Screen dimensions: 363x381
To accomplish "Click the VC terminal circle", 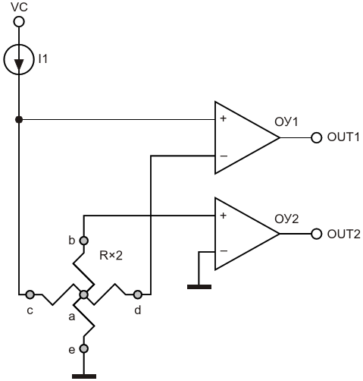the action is (x=19, y=22).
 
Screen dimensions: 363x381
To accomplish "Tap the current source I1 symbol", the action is (x=19, y=59).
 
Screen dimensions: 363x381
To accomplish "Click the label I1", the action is (x=43, y=59).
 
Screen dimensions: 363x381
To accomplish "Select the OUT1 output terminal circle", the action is (x=316, y=138).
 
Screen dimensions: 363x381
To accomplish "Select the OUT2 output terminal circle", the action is (x=316, y=234).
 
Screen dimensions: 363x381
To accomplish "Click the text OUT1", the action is (x=343, y=137).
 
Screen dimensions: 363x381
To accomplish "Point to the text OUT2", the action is (x=343, y=235).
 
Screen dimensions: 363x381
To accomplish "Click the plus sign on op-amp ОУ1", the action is (x=223, y=118).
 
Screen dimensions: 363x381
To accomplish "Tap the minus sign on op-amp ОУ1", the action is (x=224, y=156).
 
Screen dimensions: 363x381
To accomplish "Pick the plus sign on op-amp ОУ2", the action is (x=223, y=216).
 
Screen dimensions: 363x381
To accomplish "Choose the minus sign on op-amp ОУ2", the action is (x=224, y=251).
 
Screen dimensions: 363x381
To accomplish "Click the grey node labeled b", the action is (x=84, y=241).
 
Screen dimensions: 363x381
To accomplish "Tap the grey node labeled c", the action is (x=30, y=294).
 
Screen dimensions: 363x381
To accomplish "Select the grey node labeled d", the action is (x=138, y=294).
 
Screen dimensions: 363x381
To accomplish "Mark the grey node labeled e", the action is (x=84, y=348).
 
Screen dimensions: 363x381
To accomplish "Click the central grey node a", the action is (x=83, y=294).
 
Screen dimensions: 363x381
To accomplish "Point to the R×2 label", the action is (x=111, y=256).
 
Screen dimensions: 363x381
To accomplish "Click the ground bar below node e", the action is (x=84, y=376).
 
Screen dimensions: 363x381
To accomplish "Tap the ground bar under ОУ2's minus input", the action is (x=199, y=287).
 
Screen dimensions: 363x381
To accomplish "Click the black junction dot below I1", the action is (x=19, y=119).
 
